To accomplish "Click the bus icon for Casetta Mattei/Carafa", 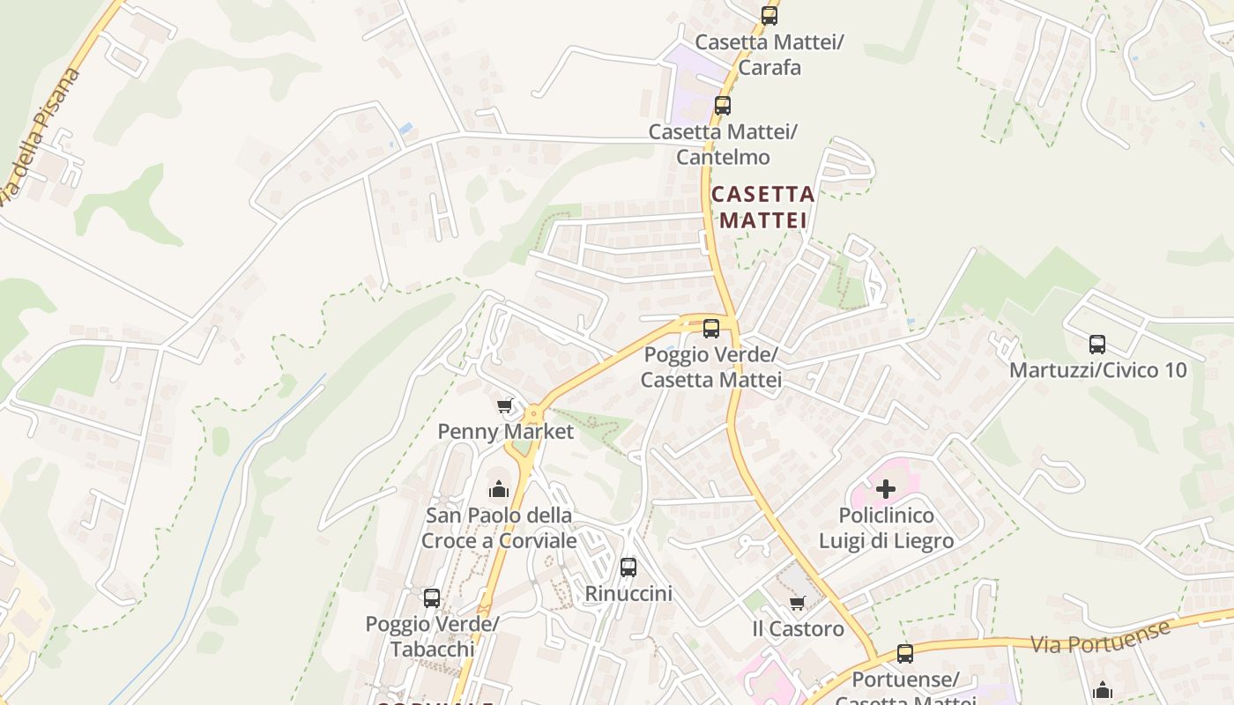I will (769, 15).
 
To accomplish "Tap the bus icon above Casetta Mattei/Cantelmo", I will (723, 106).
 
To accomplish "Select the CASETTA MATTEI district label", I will (763, 207).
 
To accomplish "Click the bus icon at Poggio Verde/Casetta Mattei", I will (711, 329).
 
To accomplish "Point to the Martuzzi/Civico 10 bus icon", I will (1097, 345).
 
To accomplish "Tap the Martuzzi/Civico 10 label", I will (1097, 370).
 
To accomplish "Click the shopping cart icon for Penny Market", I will (505, 405).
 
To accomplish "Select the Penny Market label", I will (506, 432).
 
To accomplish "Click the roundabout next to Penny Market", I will (533, 412).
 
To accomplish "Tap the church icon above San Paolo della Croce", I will (499, 488).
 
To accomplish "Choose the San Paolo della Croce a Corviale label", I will (499, 528).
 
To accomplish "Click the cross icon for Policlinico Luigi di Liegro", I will (886, 488).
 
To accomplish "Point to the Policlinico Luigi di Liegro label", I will (886, 528).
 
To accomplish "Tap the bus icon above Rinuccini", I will (628, 568).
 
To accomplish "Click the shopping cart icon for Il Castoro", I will (798, 603).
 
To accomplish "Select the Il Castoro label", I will (798, 629).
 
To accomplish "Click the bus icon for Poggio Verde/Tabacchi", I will (432, 597).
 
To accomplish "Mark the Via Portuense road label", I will (1102, 636).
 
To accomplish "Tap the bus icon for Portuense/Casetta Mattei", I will (905, 654).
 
